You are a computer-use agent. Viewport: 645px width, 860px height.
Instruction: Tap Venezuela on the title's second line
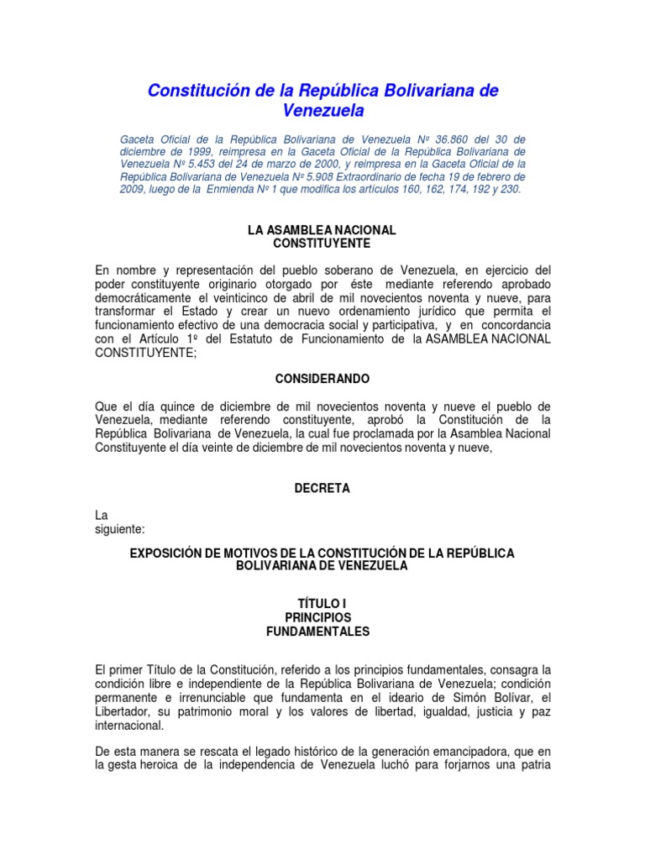point(323,111)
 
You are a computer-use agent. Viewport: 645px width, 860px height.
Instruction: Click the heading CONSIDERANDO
point(322,379)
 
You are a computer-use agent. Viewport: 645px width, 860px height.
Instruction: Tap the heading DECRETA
point(322,488)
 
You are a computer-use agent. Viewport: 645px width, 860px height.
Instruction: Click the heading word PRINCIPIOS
point(322,618)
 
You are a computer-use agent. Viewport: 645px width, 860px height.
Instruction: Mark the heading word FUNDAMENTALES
point(322,632)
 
